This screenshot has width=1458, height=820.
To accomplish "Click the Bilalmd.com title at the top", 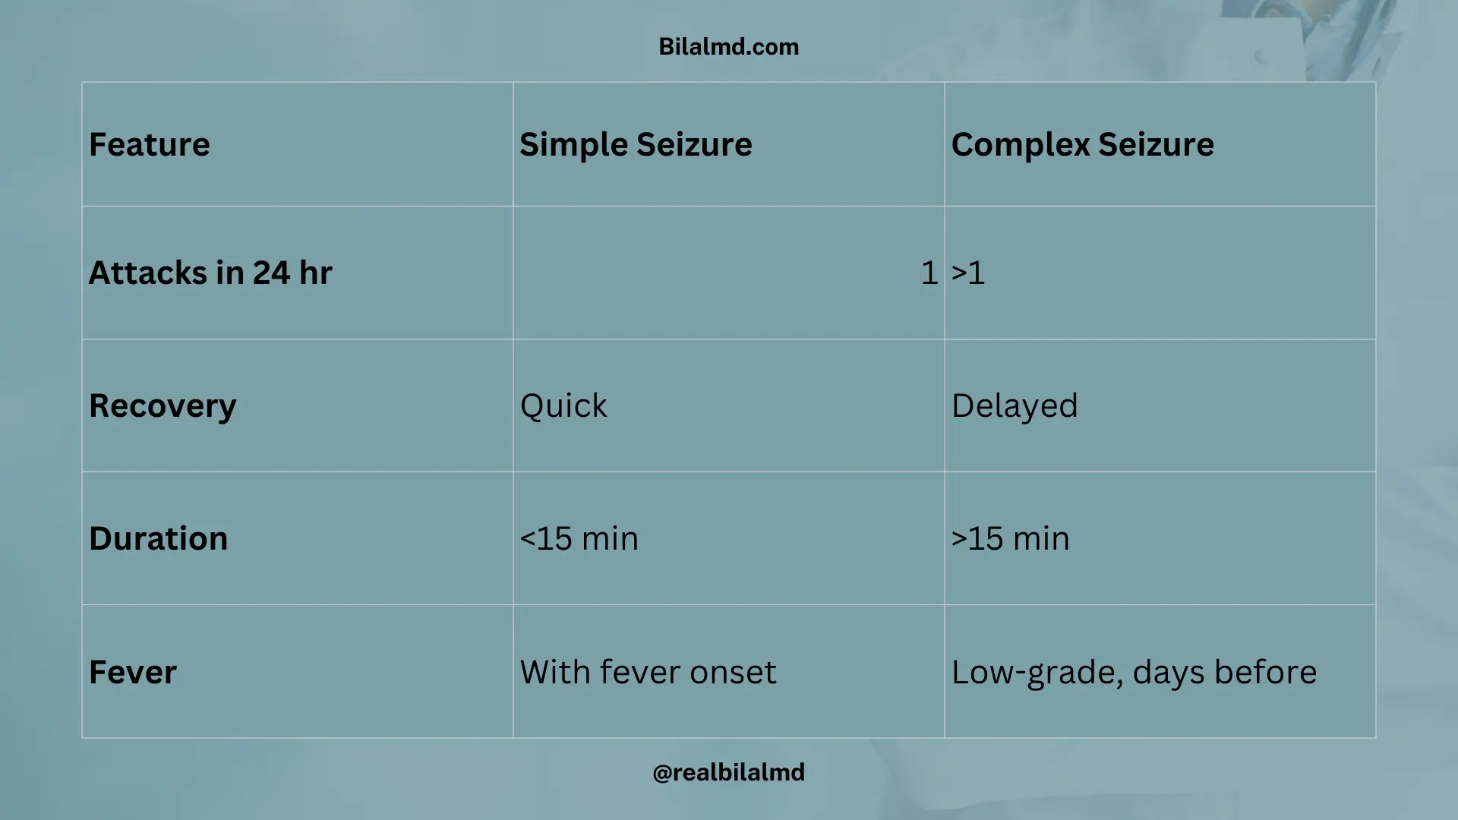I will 728,47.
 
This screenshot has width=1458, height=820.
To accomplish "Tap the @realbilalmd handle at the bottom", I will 728,772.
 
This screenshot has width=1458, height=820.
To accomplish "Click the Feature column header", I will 150,144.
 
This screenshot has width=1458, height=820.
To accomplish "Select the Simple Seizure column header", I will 636,144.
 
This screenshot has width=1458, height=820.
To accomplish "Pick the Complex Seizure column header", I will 1082,144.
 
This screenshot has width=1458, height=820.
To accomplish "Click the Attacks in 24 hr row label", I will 210,273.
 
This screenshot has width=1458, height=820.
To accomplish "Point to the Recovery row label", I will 163,405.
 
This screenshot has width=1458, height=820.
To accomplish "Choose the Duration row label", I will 158,538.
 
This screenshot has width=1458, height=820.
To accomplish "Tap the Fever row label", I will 133,672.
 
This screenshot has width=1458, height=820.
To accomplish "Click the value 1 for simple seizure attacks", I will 929,273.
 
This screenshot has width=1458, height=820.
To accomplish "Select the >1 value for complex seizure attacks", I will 968,273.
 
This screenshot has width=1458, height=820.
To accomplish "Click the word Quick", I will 563,405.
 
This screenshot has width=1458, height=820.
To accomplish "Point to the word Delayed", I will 1015,405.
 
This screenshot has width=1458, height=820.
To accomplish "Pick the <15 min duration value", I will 579,538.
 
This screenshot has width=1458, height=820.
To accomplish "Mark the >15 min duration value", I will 1010,538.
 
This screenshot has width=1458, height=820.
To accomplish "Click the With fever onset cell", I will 648,672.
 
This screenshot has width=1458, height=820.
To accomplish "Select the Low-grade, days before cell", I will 1134,672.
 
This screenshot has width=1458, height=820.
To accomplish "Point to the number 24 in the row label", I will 271,273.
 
